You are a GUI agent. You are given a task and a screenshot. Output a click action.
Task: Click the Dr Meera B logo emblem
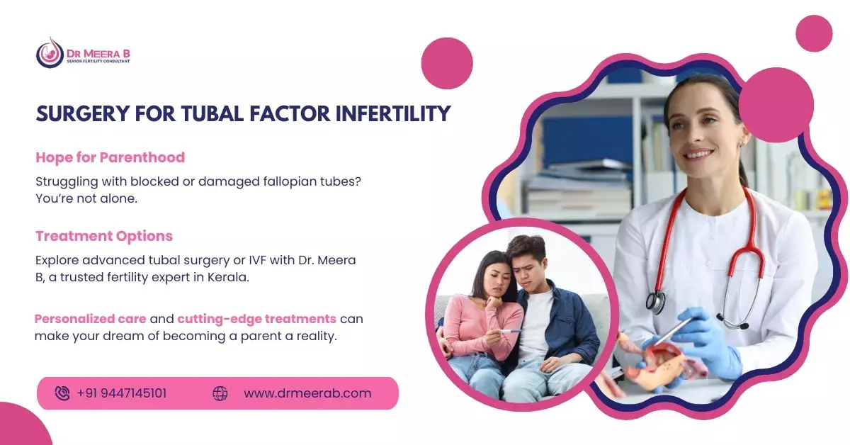[x=50, y=53]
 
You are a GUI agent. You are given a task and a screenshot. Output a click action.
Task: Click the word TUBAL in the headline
[x=212, y=114]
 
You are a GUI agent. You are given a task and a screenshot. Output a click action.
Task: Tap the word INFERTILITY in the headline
[x=393, y=114]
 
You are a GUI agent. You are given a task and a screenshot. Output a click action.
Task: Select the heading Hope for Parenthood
[x=110, y=157]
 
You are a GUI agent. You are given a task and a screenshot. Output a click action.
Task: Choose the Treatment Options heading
[x=104, y=236]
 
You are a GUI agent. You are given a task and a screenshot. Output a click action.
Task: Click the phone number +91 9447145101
[x=121, y=393]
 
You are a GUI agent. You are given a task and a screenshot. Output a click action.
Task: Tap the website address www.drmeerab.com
[x=307, y=393]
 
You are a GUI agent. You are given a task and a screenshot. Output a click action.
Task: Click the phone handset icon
[x=62, y=393]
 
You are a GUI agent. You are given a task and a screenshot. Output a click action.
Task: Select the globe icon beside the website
[x=220, y=393]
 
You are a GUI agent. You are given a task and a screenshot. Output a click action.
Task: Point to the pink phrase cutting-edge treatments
[x=257, y=319]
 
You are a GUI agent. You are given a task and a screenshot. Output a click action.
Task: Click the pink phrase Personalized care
[x=91, y=319]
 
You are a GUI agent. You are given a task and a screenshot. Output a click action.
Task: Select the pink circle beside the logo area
[x=447, y=63]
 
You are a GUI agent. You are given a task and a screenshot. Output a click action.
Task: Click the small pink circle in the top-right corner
[x=815, y=33]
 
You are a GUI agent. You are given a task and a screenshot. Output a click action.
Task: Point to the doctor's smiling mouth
[x=698, y=154]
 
